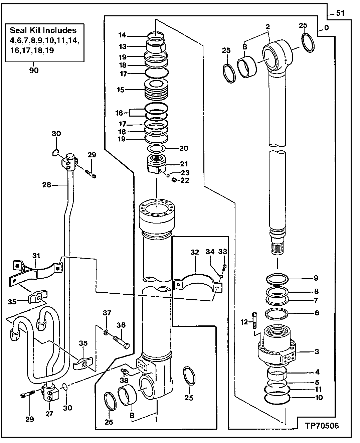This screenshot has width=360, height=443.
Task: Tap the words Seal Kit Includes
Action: tap(43, 30)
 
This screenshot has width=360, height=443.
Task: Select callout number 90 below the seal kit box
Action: tap(34, 70)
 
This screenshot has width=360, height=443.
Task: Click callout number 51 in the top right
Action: tap(340, 13)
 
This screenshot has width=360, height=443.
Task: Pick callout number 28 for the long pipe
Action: tap(47, 184)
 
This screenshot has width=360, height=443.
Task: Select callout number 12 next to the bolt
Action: tap(245, 322)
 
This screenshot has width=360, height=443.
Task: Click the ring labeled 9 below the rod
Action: tap(278, 278)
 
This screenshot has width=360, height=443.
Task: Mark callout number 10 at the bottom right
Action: tap(319, 398)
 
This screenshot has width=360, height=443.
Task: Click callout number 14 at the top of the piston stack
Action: tap(122, 35)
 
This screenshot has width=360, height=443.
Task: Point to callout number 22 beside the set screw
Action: tap(185, 181)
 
